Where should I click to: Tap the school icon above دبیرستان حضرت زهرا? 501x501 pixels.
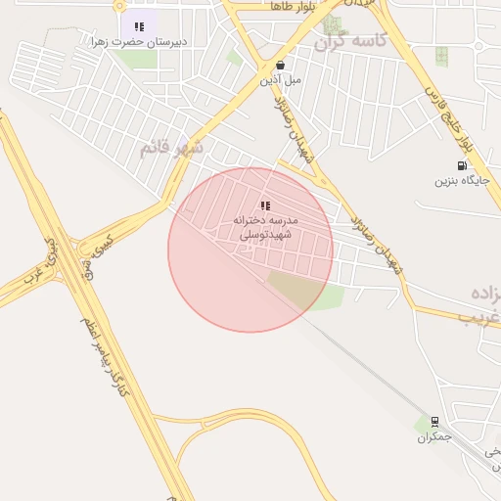pos(139,26)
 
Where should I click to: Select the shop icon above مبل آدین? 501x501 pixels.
pos(280,65)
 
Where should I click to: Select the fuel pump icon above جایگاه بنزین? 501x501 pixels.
pos(461,165)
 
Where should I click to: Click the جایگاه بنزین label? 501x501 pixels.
pos(460,181)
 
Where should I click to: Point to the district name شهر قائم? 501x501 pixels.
pos(171,148)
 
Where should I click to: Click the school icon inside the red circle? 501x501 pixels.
pos(265,205)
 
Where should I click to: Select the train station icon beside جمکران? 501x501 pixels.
pos(434,422)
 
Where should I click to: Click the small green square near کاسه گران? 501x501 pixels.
pos(441,55)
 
